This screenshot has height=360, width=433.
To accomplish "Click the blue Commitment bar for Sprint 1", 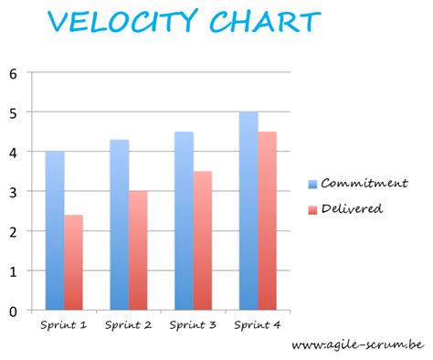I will pyautogui.click(x=54, y=230).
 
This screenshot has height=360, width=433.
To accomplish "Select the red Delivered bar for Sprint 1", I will pyautogui.click(x=73, y=262).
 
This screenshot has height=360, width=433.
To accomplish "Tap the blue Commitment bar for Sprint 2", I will pyautogui.click(x=119, y=225).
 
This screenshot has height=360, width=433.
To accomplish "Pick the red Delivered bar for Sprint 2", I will pyautogui.click(x=138, y=250).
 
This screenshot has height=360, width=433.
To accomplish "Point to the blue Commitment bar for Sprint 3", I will pyautogui.click(x=184, y=221).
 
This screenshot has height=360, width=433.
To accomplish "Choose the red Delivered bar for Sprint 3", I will pyautogui.click(x=203, y=240).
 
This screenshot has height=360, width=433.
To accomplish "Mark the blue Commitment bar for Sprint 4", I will pyautogui.click(x=248, y=211).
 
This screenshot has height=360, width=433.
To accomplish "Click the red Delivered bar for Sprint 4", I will pyautogui.click(x=268, y=221).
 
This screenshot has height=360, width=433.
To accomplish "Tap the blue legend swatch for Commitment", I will pyautogui.click(x=313, y=183).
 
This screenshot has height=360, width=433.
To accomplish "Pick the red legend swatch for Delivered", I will pyautogui.click(x=313, y=208).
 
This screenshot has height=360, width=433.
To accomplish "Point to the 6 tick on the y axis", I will pyautogui.click(x=13, y=73).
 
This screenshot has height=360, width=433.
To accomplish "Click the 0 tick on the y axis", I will pyautogui.click(x=13, y=312).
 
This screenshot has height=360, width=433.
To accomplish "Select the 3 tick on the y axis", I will pyautogui.click(x=13, y=192).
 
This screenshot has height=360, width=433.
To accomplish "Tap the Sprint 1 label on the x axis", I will pyautogui.click(x=64, y=324).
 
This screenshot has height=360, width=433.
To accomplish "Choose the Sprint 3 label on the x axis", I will pyautogui.click(x=194, y=324).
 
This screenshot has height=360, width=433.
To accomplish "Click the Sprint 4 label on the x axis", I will pyautogui.click(x=259, y=324).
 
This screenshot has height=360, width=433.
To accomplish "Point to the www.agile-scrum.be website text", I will pyautogui.click(x=357, y=345).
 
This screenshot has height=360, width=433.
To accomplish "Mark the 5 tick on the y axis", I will pyautogui.click(x=13, y=112).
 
